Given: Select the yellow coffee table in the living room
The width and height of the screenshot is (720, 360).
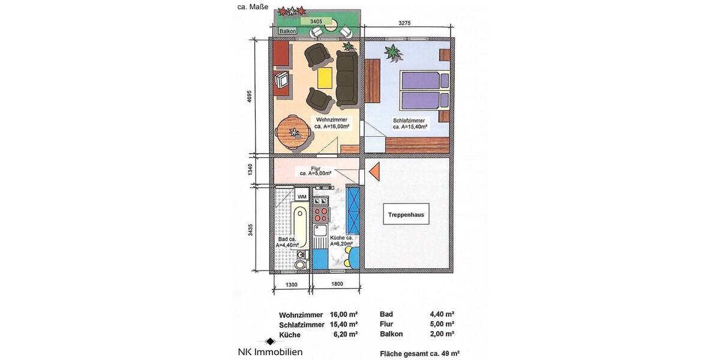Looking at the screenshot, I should coord(325,77).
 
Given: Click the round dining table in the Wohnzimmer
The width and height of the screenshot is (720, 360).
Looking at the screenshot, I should coord(293,131).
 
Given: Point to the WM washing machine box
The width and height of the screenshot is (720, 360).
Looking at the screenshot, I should coord(302,197).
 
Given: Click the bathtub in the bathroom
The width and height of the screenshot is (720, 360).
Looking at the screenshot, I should coord(299,226).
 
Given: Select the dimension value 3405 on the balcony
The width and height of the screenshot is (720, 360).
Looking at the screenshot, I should coord(317,22).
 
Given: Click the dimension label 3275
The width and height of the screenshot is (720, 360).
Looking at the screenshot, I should coord(408,23).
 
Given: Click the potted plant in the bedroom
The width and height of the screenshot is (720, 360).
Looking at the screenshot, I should coord(393,53).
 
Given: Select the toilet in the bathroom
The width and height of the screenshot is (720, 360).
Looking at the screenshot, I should coord(300,263).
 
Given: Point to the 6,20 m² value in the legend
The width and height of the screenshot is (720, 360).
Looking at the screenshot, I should coord(345,334).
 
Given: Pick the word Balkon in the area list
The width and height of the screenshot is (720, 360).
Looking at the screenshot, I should coord(392,334).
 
